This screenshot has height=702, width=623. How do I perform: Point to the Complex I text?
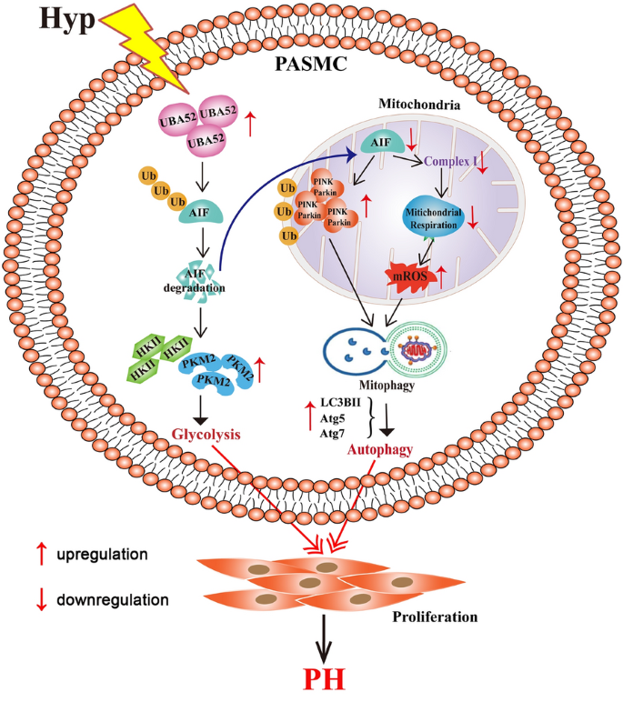tap(454, 163)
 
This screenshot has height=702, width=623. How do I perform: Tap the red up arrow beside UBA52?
tap(250, 121)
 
